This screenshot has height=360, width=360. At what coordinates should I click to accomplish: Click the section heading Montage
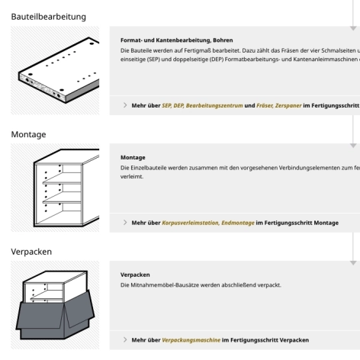click(x=28, y=134)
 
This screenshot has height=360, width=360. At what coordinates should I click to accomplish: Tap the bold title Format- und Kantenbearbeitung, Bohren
click(x=177, y=40)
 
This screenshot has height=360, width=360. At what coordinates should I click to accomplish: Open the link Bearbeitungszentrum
click(x=221, y=104)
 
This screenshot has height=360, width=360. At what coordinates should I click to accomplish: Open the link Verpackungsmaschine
click(x=190, y=339)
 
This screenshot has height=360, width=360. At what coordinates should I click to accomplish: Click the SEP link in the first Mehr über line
click(x=167, y=104)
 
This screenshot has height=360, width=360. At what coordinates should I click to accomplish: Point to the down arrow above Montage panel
click(x=353, y=143)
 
